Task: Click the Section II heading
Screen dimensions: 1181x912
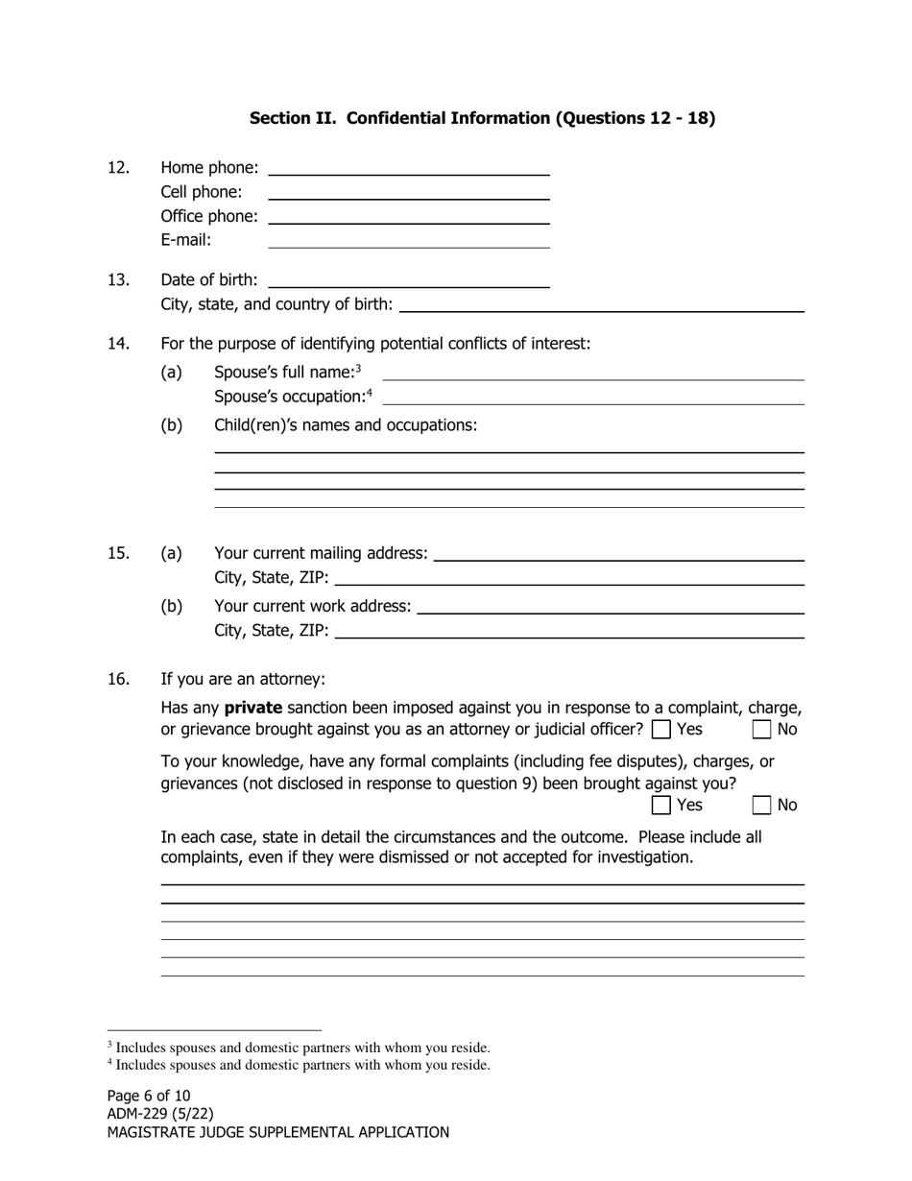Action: [482, 118]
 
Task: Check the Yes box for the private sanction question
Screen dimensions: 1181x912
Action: [660, 730]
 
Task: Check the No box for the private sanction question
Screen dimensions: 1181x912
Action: [761, 730]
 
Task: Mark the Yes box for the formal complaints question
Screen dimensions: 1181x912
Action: [660, 805]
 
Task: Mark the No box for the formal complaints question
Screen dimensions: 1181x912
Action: [761, 805]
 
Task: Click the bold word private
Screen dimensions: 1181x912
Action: [253, 708]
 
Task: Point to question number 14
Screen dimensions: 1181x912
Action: [118, 344]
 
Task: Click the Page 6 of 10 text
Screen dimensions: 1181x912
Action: [149, 1096]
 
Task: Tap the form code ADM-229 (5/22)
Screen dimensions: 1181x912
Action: [160, 1114]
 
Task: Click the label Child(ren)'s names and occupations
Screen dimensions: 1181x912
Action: [346, 424]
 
